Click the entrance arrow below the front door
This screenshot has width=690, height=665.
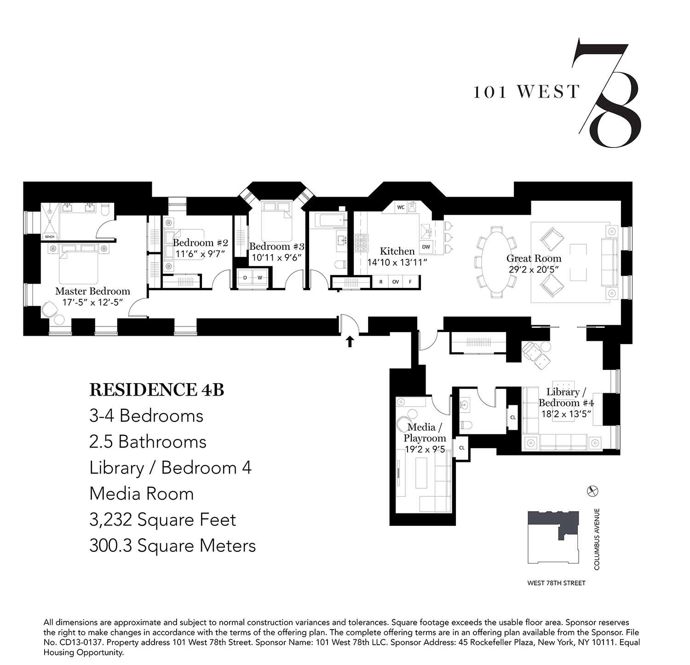(350, 341)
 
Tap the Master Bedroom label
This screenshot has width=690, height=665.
(92, 291)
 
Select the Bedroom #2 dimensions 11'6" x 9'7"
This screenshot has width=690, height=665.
(201, 253)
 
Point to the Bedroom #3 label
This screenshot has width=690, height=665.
(276, 247)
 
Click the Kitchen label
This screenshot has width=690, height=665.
(397, 251)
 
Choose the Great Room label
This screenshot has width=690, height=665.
(534, 258)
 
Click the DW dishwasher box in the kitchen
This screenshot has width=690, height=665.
(426, 247)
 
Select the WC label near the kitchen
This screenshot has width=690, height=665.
(401, 207)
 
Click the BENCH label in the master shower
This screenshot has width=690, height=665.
(49, 237)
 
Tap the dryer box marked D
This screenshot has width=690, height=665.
(245, 278)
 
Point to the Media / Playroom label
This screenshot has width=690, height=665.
(425, 432)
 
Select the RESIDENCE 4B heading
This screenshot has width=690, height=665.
(156, 390)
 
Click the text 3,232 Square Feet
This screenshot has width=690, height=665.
(162, 520)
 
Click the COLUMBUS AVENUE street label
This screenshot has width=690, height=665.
(597, 539)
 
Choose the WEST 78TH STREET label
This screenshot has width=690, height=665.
(556, 583)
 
